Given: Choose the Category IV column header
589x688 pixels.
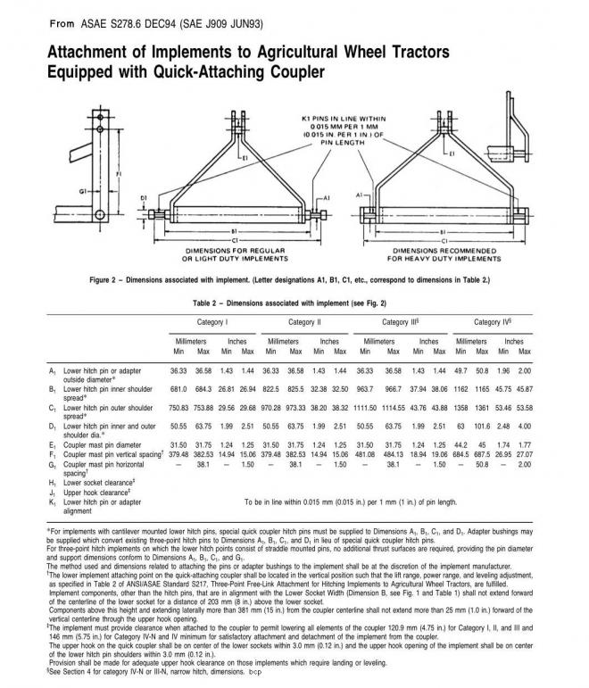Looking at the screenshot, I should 493,321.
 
